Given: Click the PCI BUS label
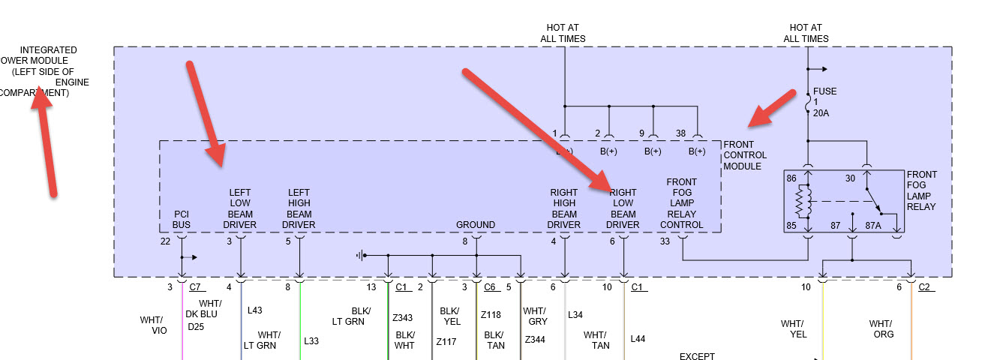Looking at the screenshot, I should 181,219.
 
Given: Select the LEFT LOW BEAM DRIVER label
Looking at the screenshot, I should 240,208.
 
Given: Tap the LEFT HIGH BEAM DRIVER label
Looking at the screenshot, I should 299,208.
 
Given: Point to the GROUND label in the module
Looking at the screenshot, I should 476,224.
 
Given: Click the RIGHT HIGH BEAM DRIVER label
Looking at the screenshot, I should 563,208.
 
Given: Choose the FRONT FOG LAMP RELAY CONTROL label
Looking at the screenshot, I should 681,203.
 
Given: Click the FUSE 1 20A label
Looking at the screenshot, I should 824,102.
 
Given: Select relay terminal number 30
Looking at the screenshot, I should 849,178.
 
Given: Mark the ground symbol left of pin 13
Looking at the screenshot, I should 361,256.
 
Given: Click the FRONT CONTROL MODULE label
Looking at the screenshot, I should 744,155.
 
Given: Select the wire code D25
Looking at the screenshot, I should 196,326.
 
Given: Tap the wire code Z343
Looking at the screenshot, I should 403,318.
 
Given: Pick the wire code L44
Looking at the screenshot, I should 637,339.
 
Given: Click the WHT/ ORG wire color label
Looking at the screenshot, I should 881,329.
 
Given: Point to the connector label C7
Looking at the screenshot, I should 196,287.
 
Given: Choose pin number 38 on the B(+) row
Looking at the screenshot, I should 680,133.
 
